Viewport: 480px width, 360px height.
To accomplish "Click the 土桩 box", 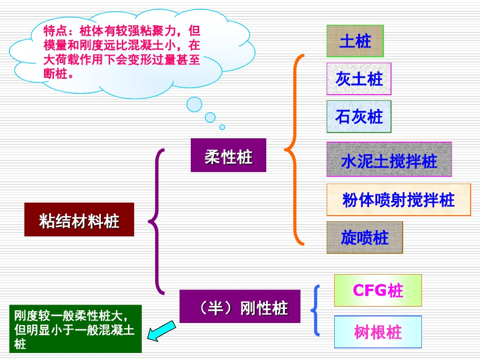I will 355,41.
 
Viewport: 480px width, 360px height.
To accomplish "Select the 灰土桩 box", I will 359,79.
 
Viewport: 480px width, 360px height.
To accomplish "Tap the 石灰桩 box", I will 359,117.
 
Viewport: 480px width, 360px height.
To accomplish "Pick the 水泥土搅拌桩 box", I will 389,159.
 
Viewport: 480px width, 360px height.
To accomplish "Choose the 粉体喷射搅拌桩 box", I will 398,200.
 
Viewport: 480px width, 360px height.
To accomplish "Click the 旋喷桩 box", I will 365,238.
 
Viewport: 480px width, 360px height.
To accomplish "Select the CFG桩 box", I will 378,291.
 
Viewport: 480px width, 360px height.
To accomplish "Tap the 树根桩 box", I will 378,332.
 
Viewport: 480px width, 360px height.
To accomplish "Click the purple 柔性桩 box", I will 228,155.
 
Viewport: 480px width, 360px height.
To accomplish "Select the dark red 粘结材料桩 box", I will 79,219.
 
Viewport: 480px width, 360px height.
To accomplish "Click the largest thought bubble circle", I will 194,104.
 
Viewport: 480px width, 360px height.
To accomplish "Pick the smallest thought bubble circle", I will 222,127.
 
